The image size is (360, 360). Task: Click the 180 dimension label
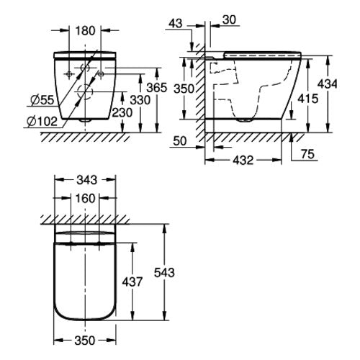tap(85, 31)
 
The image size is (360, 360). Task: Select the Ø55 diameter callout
tap(42, 100)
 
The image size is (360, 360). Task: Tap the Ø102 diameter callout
tap(42, 122)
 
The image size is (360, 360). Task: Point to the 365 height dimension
tap(157, 88)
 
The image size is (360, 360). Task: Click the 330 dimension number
tap(140, 100)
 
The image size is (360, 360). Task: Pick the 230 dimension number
tap(122, 112)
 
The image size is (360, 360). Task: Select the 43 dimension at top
tap(176, 24)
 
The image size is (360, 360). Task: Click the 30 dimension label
tap(229, 20)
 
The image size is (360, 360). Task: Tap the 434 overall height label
tap(328, 84)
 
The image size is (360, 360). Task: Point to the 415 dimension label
tap(308, 99)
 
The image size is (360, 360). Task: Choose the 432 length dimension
tap(243, 160)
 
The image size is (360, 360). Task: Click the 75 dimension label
tap(307, 154)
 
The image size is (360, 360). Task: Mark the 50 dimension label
tap(180, 141)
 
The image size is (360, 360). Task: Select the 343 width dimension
tap(86, 180)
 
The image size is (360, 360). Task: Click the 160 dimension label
tap(85, 199)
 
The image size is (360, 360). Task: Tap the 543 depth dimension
tap(164, 273)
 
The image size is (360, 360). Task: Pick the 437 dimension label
tap(132, 282)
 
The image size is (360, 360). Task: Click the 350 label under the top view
tap(85, 341)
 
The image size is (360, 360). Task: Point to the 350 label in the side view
tap(184, 89)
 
